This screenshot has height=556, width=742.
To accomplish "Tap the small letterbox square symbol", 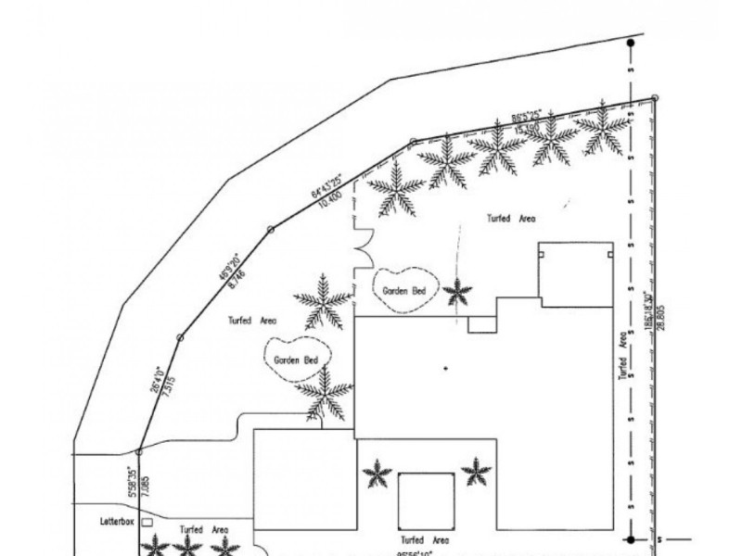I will pyautogui.click(x=147, y=523).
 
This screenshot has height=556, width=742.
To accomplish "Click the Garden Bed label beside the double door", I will pyautogui.click(x=403, y=290).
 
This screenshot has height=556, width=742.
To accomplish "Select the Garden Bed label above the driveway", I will pyautogui.click(x=296, y=360).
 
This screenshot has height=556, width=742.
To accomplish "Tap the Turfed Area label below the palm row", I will pyautogui.click(x=511, y=219).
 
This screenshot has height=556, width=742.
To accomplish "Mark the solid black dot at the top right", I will pyautogui.click(x=631, y=43).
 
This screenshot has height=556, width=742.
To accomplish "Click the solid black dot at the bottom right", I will pyautogui.click(x=631, y=538).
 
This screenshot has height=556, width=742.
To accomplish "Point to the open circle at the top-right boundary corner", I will pyautogui.click(x=655, y=98).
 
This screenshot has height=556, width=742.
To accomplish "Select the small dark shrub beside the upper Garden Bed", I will pyautogui.click(x=456, y=293).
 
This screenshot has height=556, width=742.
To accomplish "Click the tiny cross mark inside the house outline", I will pyautogui.click(x=445, y=369).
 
